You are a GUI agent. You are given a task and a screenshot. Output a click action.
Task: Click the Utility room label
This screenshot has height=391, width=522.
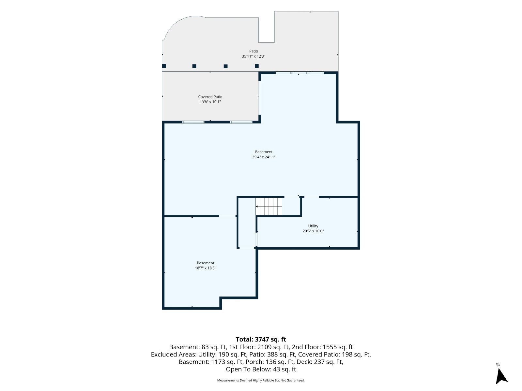click(313, 226)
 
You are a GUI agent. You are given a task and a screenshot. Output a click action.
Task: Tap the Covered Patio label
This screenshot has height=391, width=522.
click(210, 97)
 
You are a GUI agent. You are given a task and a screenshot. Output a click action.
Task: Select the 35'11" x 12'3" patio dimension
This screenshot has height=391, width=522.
click(253, 56)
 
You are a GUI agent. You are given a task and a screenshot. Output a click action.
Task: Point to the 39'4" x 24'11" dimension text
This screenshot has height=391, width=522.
click(264, 157)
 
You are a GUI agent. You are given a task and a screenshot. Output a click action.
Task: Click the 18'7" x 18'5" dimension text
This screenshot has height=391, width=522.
click(206, 268)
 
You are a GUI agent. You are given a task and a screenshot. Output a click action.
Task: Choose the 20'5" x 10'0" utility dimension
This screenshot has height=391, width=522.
click(313, 231)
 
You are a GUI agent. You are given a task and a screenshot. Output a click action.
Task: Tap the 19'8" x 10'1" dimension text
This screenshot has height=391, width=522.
click(210, 102)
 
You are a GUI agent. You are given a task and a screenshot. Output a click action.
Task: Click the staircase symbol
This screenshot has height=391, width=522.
click(269, 207)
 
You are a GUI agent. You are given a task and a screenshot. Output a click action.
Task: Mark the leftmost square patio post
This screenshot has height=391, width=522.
click(164, 66)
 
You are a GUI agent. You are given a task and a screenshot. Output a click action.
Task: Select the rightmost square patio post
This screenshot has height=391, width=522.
click(257, 66)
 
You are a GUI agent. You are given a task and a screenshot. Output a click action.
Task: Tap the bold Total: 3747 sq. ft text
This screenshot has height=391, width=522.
click(261, 340)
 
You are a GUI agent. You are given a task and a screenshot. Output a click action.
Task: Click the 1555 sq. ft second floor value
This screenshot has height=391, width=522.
click(338, 347)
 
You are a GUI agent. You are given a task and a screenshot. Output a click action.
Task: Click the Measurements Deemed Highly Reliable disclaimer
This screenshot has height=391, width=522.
click(261, 380)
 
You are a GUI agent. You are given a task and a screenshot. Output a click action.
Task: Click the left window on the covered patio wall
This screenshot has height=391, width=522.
click(193, 122)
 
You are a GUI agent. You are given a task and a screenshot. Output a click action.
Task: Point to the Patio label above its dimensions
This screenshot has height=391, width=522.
click(253, 51)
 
